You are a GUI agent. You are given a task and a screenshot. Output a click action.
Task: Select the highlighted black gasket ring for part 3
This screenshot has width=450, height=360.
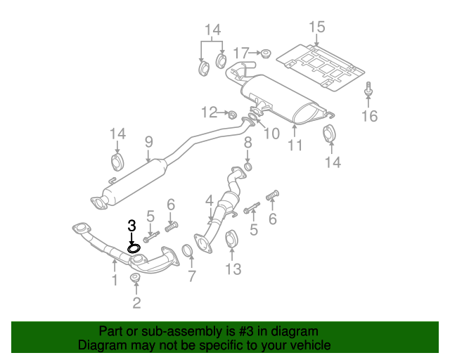tap(134, 247)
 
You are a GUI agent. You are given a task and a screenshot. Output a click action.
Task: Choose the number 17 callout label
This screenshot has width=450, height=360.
tap(241, 53)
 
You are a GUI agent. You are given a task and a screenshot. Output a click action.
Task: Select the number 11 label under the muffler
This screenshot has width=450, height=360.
tap(295, 146)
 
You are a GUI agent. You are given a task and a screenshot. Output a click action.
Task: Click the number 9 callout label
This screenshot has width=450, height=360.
tap(148, 142)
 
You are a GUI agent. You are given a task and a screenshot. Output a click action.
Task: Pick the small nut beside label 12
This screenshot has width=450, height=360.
tap(229, 113)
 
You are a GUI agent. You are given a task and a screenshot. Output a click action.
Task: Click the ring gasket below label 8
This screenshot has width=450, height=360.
tap(247, 167)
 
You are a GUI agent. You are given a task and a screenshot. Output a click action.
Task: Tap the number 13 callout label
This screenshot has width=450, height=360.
tap(233, 269)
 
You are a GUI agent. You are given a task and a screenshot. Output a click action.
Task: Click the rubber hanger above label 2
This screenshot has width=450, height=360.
tap(135, 281)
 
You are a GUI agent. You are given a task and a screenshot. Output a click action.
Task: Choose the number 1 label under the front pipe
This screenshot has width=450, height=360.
tap(114, 281)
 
